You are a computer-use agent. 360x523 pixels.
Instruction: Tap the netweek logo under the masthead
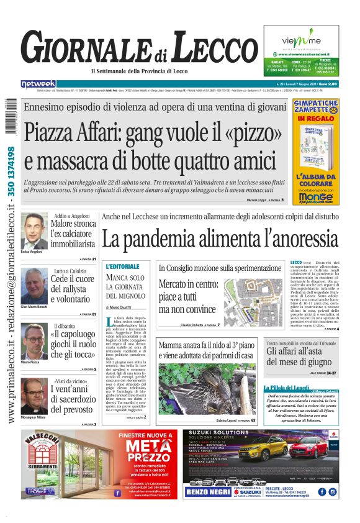point(38,83)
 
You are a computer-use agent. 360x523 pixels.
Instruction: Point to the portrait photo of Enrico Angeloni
point(35,231)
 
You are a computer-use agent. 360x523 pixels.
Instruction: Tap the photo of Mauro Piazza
point(35,341)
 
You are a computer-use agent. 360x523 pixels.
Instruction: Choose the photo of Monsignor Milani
point(35,397)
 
